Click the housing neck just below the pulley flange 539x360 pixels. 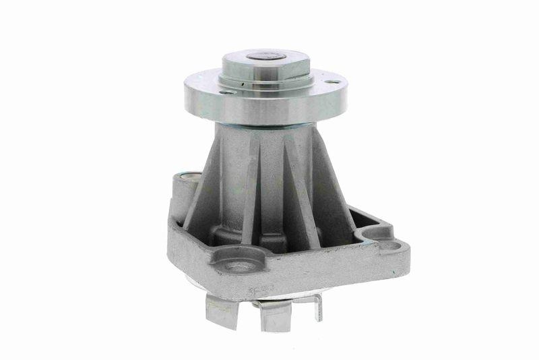click(263, 135)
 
